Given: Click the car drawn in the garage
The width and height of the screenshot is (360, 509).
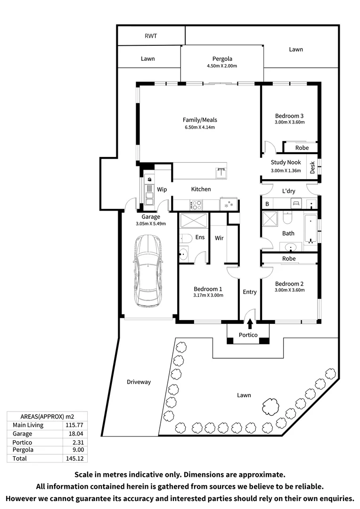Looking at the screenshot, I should (x=148, y=271).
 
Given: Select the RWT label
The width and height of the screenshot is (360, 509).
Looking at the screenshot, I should (x=151, y=36).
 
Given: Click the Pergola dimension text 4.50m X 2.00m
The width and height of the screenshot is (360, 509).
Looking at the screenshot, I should (x=221, y=66).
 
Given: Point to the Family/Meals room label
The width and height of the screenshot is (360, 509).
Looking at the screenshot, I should (x=200, y=120).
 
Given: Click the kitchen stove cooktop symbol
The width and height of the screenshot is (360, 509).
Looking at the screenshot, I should (x=196, y=205).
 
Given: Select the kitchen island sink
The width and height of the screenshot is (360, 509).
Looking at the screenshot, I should (x=221, y=172).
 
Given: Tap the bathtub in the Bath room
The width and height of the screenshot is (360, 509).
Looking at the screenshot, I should (x=310, y=230).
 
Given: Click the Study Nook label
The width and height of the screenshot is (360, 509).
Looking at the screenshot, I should (x=286, y=163).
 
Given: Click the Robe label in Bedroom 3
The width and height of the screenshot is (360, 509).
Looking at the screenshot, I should (x=302, y=148).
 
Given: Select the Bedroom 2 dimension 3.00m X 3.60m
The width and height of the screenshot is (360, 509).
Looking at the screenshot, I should (x=289, y=290).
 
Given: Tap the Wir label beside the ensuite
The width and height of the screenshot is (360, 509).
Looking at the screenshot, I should (x=219, y=238).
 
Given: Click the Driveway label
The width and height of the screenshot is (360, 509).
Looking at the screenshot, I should (x=139, y=382).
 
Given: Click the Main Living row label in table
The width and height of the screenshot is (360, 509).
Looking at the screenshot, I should (x=28, y=425).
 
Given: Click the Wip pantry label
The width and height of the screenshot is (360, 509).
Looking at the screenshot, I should (x=162, y=189).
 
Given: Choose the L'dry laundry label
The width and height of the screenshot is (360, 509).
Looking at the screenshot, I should (x=288, y=191).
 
